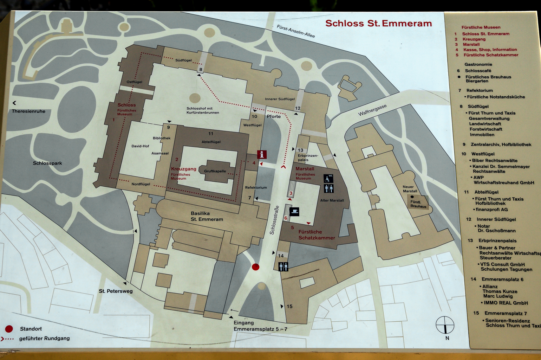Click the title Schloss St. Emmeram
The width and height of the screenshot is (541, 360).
(x=378, y=24)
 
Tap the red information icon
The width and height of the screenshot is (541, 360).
(x=262, y=154)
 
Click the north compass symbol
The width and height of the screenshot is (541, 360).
(x=445, y=325)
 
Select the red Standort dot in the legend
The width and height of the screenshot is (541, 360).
(x=9, y=329)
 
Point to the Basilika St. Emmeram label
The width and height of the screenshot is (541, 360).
(x=207, y=216)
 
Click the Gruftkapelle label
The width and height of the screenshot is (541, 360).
(x=215, y=171)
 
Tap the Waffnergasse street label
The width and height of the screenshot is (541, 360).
(x=372, y=110)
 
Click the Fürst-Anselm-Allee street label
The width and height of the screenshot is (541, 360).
(x=295, y=31)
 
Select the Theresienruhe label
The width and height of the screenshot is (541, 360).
(x=28, y=111)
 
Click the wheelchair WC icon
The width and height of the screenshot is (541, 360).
(x=328, y=179)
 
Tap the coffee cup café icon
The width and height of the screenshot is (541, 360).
(x=294, y=212)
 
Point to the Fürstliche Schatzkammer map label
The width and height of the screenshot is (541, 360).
(x=316, y=235)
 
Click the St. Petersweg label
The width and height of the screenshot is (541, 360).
(x=116, y=291)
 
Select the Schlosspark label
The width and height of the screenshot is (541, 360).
(x=47, y=163)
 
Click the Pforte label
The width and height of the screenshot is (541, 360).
(x=274, y=116)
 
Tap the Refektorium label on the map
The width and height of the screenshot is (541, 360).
(x=256, y=187)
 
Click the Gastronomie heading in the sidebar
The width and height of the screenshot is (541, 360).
(x=478, y=64)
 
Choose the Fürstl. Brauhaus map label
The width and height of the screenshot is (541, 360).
(x=418, y=204)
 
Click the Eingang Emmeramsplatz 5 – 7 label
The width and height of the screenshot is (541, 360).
(x=260, y=326)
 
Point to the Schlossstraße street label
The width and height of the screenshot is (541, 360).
(x=274, y=220)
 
